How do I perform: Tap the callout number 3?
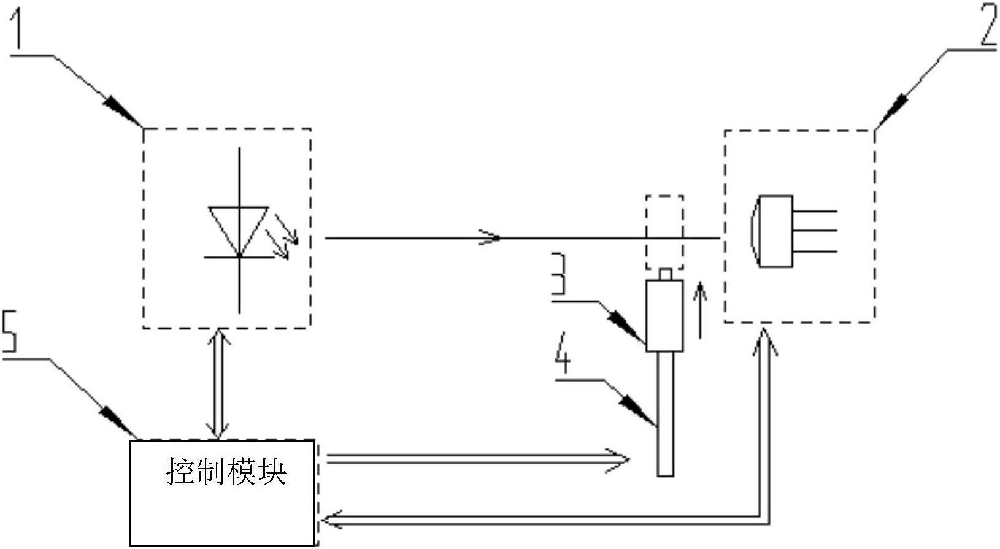[x=558, y=274]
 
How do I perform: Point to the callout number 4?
[x=563, y=353]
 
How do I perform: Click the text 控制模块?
[x=226, y=471]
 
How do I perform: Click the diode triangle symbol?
[x=239, y=231]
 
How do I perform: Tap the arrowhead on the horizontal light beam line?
[x=490, y=237]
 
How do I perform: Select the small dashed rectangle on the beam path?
[x=665, y=232]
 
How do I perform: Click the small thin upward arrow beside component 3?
[x=700, y=310]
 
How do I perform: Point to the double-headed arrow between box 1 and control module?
[x=219, y=383]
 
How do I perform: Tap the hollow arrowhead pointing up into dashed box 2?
[x=765, y=342]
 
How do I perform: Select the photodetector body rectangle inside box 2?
[x=776, y=231]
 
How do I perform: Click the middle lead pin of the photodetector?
[x=815, y=230]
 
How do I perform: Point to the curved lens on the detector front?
[x=753, y=231]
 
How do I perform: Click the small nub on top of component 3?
[x=665, y=274]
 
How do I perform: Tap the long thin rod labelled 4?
[x=665, y=414]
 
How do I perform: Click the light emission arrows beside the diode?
[x=282, y=237]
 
